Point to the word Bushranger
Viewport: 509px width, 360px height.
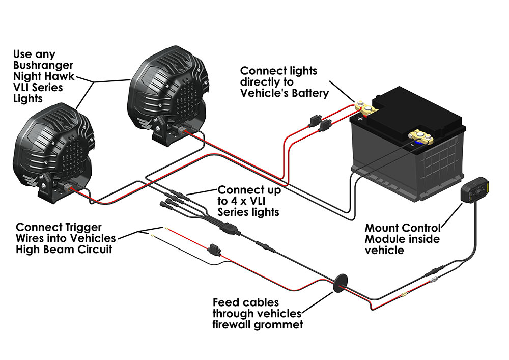[43, 65]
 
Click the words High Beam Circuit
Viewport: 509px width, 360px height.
[64, 249]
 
